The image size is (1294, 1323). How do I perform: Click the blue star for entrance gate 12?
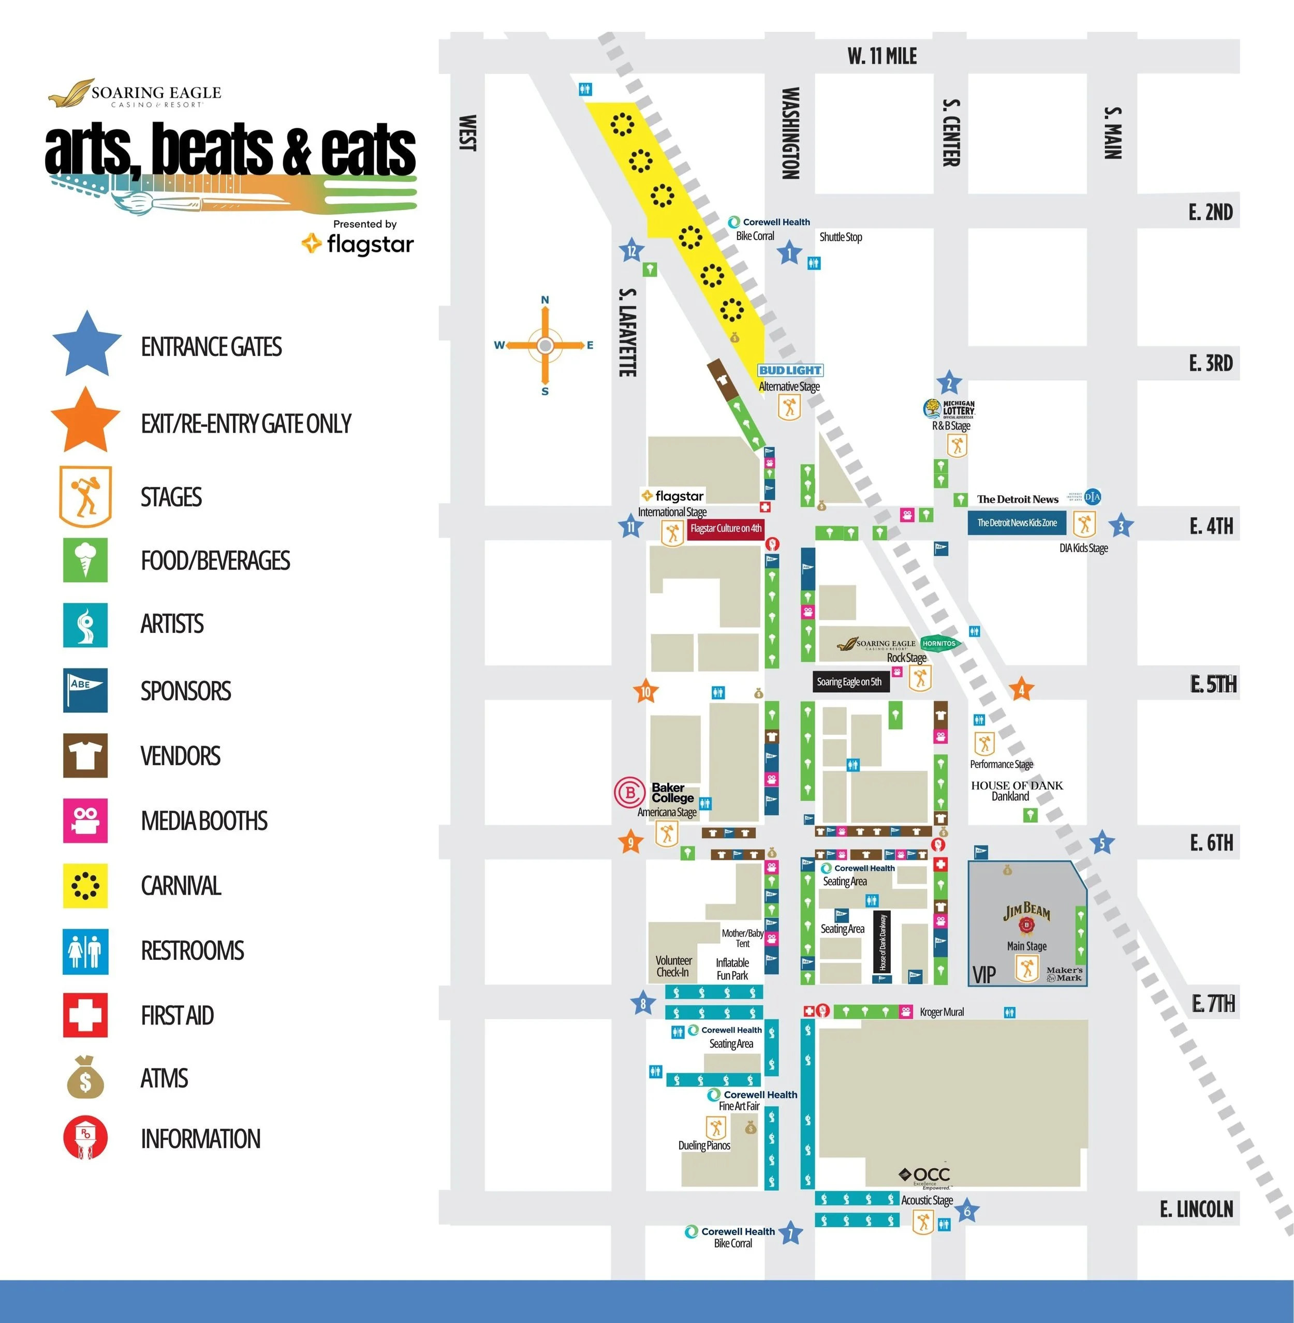coord(631,251)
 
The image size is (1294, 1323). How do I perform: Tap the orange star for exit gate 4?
coord(1021,690)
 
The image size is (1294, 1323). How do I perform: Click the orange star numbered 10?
coord(645,692)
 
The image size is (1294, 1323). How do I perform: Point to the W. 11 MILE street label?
coord(881,56)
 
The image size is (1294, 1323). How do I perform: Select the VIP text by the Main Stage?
coord(983,974)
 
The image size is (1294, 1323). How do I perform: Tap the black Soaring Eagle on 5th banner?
coord(849,681)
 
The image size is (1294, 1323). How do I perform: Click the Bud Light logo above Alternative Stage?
coord(790,370)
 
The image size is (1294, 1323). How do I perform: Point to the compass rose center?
coord(545,345)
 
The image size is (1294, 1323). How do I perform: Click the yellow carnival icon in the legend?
coord(85,885)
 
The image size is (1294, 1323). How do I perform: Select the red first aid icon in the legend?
coord(85,1015)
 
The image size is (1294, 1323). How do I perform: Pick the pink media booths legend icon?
coord(85,820)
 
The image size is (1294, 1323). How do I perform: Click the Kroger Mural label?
coord(942,1012)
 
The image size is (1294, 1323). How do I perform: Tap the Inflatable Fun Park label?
coord(732,969)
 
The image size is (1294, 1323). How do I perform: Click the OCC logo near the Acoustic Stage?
coord(925,1175)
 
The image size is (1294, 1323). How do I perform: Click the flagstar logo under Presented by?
coord(358,243)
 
